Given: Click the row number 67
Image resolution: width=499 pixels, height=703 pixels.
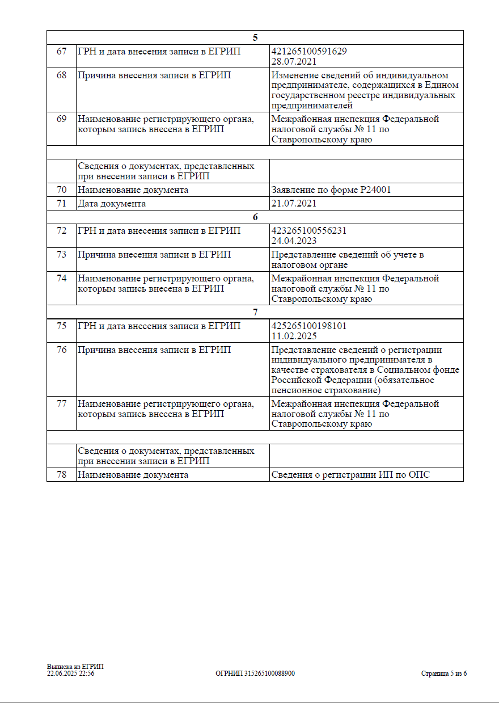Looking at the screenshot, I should (61, 52).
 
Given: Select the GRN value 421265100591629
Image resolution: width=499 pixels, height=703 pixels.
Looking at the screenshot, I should (309, 52).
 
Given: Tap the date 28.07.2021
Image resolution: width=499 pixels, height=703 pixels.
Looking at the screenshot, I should (294, 61).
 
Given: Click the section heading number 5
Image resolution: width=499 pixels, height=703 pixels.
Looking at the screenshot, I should (255, 37).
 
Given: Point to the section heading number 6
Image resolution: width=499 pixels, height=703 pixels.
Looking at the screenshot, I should (255, 217).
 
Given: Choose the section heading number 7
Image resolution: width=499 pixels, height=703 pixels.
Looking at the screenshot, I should (255, 312).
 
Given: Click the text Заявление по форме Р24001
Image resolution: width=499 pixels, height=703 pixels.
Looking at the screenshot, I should (331, 190).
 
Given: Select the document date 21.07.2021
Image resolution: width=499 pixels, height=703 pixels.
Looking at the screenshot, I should (294, 204).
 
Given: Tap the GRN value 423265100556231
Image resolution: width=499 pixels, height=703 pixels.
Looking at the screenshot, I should (309, 231).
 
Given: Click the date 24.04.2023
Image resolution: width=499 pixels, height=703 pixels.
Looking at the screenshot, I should (294, 241).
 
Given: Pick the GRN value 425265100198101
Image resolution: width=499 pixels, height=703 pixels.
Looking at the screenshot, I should (309, 326).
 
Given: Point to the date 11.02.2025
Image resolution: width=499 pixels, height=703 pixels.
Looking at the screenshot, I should (294, 336).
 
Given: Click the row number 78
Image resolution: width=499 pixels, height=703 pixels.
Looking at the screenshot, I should (61, 475).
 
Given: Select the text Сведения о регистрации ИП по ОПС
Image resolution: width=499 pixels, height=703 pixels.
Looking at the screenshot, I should (350, 475).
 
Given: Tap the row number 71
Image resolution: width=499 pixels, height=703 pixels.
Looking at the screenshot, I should (61, 204).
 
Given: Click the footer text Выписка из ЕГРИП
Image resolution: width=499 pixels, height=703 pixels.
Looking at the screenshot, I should (75, 667).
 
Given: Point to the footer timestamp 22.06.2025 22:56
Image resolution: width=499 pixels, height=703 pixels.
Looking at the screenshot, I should (70, 673).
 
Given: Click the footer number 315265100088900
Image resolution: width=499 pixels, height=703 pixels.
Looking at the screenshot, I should (269, 673).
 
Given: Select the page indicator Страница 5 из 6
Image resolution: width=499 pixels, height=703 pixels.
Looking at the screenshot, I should (443, 674).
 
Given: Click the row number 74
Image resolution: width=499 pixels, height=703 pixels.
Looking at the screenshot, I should (61, 279).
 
